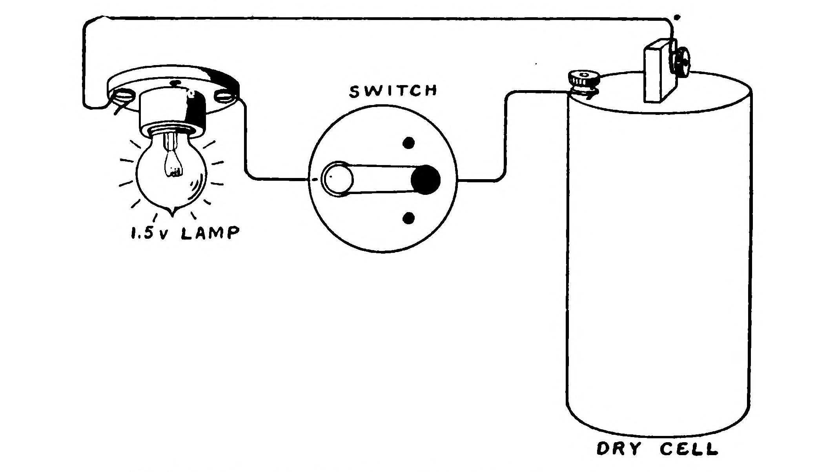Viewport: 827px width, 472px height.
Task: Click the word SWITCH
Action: [x=393, y=91]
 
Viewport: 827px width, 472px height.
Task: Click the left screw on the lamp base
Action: [x=122, y=96]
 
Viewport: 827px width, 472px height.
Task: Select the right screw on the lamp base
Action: [x=224, y=95]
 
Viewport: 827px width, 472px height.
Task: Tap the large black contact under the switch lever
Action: [x=426, y=180]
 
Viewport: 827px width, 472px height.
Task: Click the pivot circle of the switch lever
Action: [x=337, y=180]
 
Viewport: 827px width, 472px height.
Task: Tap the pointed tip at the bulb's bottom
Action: [x=171, y=214]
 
